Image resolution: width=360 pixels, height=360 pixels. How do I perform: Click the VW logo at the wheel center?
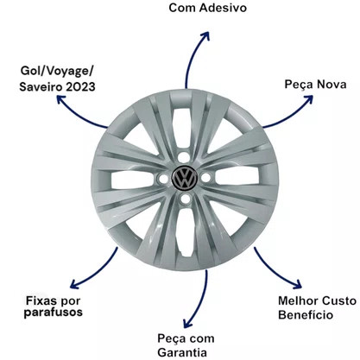pos(185,178)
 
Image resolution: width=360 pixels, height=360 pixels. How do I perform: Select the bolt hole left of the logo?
pos(163,179)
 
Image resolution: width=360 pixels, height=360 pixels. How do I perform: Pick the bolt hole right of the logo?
pos(205,177)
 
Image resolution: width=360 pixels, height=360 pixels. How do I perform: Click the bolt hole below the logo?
pos(186,199)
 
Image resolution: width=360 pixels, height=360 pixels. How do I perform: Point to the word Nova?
pos(332,85)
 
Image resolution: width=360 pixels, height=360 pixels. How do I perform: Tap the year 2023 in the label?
pos(80,87)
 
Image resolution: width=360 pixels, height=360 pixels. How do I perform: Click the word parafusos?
pos(54,313)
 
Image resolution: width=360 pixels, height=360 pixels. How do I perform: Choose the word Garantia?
pos(182,352)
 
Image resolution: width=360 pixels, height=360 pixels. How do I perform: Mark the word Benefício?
pos(306,314)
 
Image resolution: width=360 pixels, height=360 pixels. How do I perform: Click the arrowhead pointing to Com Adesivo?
pos(205,35)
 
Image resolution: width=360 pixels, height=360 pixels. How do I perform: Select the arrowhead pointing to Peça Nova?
pos(308,99)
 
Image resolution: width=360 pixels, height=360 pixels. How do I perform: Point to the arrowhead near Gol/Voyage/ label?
pos(61,99)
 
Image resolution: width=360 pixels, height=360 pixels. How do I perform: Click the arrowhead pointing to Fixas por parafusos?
pos(75,283)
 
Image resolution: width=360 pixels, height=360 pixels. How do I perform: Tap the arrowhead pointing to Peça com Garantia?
pos(187,323)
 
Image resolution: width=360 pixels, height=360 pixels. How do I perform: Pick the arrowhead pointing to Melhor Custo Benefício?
pos(297,284)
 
